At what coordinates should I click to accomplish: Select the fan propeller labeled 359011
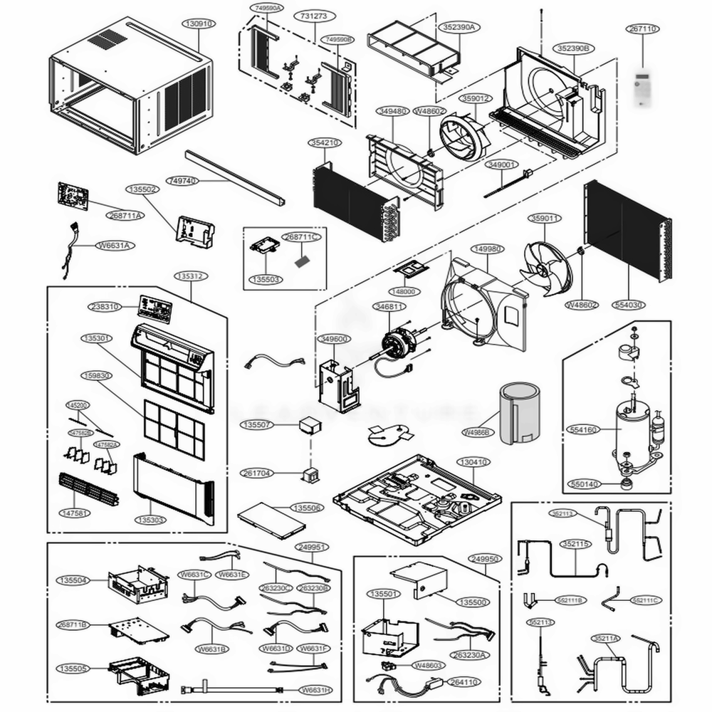click(x=544, y=264)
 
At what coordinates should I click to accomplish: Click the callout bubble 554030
click(x=627, y=305)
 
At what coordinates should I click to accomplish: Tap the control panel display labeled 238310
click(x=155, y=308)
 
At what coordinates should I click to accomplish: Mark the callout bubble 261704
click(x=257, y=473)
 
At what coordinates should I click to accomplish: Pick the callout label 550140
click(x=585, y=483)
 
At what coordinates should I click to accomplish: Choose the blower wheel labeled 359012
click(x=463, y=137)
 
